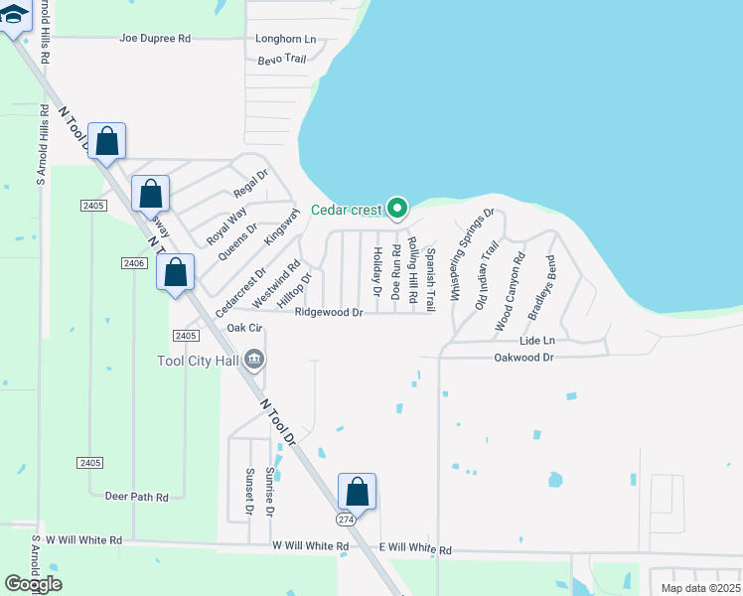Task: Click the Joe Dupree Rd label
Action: [x=154, y=38]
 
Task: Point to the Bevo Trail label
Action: [x=282, y=60]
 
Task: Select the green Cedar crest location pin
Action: [x=397, y=209]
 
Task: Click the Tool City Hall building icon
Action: [x=254, y=359]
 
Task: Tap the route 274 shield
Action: [x=345, y=520]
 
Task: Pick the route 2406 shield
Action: [x=134, y=263]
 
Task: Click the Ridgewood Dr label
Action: [x=329, y=312]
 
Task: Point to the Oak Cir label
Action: [x=244, y=328]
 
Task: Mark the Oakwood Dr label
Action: [x=526, y=357]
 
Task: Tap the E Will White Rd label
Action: [x=415, y=549]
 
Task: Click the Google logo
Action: [x=33, y=584]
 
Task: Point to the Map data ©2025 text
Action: [x=700, y=588]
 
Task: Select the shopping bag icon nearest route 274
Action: [x=358, y=493]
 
